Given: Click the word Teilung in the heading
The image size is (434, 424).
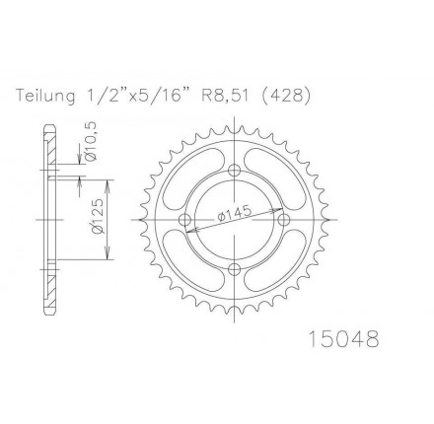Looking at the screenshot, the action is (45, 96).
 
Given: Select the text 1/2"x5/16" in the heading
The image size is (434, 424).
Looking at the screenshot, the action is (135, 96).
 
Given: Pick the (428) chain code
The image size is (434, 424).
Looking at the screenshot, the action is (285, 96).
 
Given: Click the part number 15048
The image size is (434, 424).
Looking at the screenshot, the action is (344, 339).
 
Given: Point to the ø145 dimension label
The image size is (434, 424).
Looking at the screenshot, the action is (234, 213).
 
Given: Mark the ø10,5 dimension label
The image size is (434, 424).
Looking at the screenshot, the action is (91, 141).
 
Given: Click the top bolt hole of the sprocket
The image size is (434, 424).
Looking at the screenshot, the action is (234, 171).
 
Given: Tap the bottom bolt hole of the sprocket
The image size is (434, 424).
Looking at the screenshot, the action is (234, 269).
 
